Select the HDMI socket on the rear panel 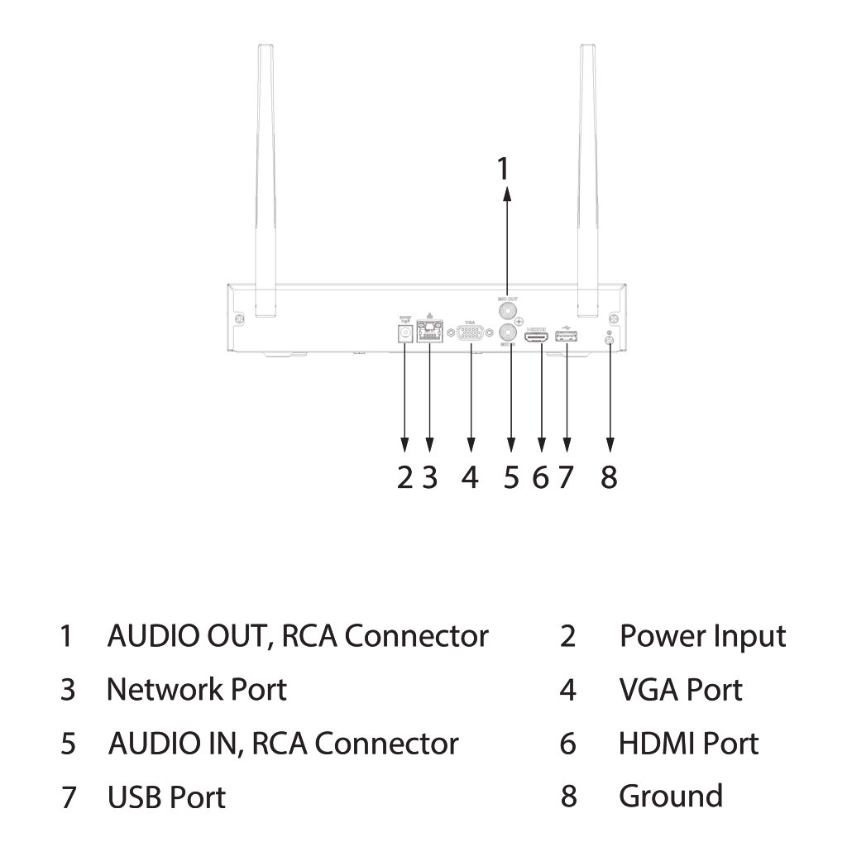click(x=537, y=337)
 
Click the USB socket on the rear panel click(x=567, y=337)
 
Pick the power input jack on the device click(x=404, y=333)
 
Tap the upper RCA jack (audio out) click(x=507, y=309)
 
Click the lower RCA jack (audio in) click(x=507, y=333)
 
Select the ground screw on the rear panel click(x=610, y=339)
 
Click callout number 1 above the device click(x=503, y=168)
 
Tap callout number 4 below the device click(x=470, y=477)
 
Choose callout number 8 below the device click(x=609, y=477)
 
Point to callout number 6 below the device click(x=540, y=477)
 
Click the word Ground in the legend click(x=670, y=796)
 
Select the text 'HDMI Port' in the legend click(x=688, y=743)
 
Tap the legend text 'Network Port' click(x=197, y=689)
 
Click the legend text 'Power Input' click(x=702, y=636)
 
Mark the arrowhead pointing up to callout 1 click(x=507, y=194)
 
